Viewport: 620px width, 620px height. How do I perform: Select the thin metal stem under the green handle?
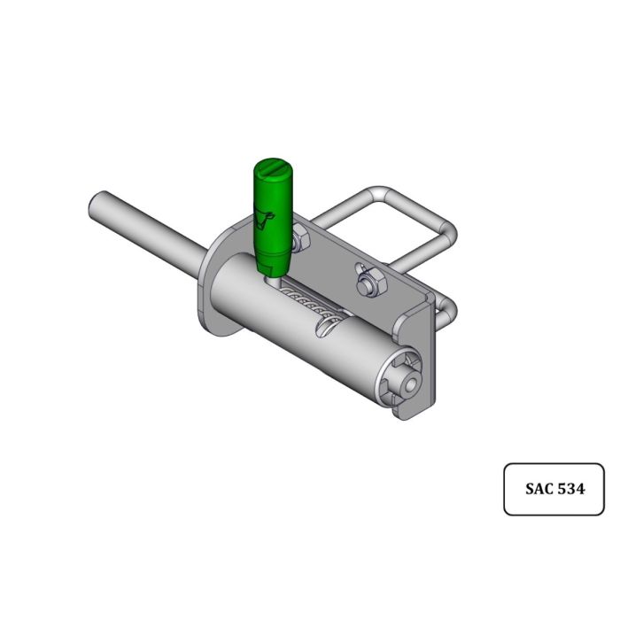[273, 276]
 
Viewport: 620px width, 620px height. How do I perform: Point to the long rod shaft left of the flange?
[151, 232]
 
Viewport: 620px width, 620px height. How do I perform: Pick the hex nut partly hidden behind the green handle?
[298, 237]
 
